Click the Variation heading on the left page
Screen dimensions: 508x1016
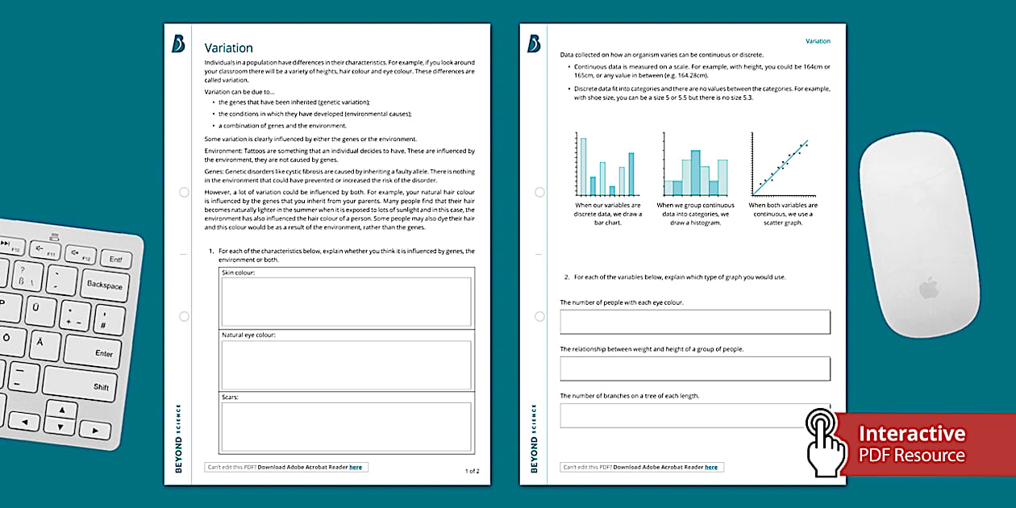(229, 48)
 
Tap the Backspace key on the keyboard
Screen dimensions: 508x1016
(104, 285)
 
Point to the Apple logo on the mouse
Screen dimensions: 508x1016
(930, 288)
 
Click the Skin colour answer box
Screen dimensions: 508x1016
(347, 302)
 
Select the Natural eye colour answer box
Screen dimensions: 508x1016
(347, 364)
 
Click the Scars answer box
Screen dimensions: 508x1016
(347, 427)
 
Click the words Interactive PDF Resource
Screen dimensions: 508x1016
(911, 444)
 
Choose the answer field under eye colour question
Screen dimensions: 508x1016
(694, 322)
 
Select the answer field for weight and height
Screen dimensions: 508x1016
(694, 369)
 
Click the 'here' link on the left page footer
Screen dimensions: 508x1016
(356, 467)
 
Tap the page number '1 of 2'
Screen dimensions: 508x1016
(472, 471)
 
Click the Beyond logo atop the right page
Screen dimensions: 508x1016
(534, 44)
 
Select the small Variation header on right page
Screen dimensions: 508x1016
(818, 41)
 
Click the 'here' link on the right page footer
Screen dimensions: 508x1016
(711, 467)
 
